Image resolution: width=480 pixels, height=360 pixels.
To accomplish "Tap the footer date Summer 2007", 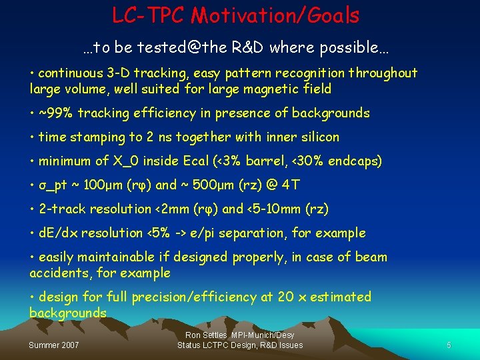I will click(53, 345).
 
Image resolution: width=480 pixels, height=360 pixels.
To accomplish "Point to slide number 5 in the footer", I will click(449, 345).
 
